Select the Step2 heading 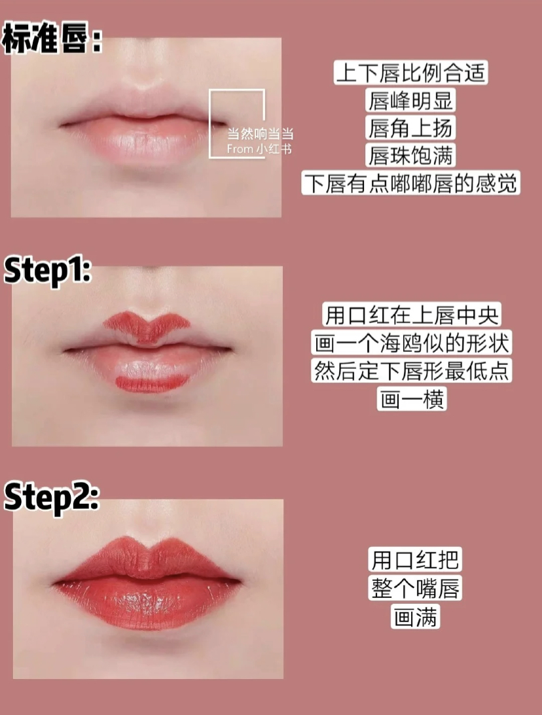(52, 497)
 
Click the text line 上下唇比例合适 (410, 72)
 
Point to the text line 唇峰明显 (410, 100)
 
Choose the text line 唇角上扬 (410, 128)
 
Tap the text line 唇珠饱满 (410, 156)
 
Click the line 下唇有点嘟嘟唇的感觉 (410, 183)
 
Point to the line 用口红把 (415, 559)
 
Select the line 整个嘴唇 (415, 588)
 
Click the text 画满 (415, 616)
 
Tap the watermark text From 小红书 (259, 148)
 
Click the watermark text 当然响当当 (261, 133)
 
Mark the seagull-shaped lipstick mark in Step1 (147, 326)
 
